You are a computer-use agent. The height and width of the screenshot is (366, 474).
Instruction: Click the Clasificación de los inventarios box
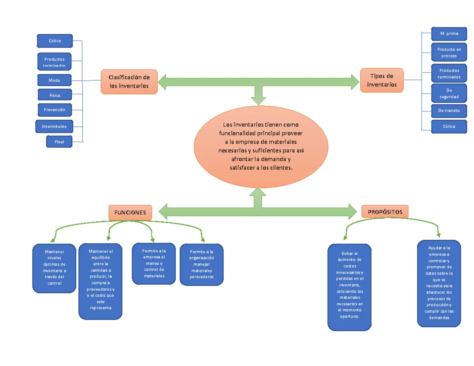click(x=129, y=82)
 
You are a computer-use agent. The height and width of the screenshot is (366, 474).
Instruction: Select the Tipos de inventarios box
click(x=382, y=80)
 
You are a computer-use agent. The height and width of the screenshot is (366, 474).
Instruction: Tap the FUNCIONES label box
click(x=130, y=212)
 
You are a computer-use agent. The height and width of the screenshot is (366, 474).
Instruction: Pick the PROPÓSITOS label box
click(x=385, y=212)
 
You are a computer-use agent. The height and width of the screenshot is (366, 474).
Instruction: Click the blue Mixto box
click(x=55, y=80)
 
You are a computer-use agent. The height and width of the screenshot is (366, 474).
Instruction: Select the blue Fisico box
click(x=55, y=95)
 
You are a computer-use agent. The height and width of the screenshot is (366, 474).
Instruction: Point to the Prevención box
click(x=55, y=110)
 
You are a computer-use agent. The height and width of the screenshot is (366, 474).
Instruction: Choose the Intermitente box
click(x=55, y=127)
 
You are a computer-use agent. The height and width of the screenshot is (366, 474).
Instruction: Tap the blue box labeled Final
click(x=59, y=142)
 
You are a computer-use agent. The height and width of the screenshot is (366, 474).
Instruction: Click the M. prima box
click(x=449, y=34)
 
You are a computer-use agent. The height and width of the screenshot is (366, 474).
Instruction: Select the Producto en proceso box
click(x=449, y=53)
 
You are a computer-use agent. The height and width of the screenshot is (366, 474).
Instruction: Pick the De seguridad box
click(x=449, y=93)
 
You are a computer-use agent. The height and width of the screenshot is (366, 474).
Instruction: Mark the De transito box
click(x=449, y=111)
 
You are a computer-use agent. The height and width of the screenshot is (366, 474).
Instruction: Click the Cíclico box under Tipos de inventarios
click(x=449, y=127)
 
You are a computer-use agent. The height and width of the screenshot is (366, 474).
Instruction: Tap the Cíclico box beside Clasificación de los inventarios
click(x=55, y=41)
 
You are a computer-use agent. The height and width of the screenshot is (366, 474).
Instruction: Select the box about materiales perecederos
click(x=201, y=264)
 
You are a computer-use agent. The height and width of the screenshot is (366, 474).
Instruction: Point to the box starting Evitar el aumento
click(x=350, y=287)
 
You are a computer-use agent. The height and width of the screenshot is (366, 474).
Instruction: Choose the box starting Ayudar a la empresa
click(x=439, y=283)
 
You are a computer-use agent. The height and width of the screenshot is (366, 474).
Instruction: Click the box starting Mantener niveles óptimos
click(x=55, y=268)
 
